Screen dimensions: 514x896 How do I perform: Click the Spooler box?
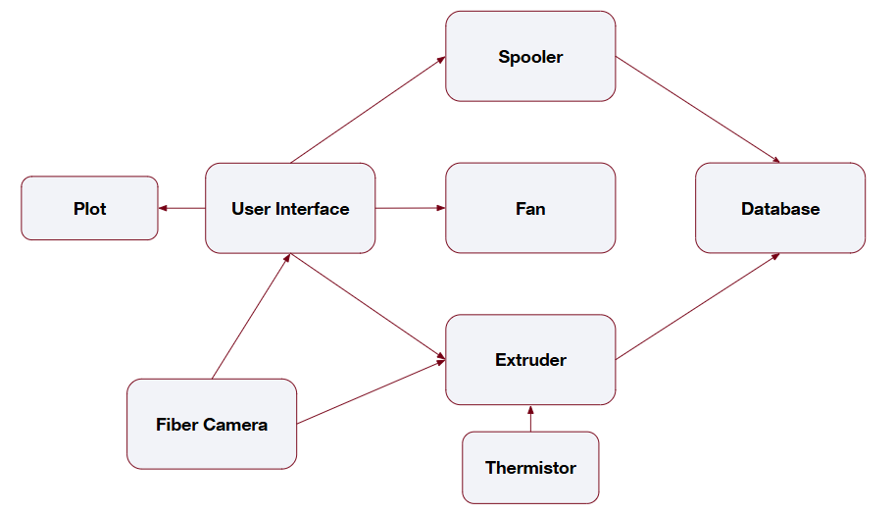[530, 56]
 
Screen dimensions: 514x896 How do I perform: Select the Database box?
[780, 208]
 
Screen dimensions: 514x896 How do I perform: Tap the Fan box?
[530, 208]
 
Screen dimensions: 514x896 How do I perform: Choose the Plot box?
[89, 208]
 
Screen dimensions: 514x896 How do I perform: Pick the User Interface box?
[290, 208]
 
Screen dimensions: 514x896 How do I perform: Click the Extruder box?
[530, 360]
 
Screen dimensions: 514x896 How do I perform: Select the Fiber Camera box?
[212, 424]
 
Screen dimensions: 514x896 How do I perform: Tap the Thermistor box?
[530, 468]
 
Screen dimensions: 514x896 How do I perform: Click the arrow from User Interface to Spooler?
[369, 109]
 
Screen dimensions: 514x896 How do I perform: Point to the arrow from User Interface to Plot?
[181, 208]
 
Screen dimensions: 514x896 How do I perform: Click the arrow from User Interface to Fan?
[410, 208]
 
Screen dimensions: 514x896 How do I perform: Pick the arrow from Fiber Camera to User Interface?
[251, 316]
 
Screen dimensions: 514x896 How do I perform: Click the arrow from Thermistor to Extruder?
[530, 419]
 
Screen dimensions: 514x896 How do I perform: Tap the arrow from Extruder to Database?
[698, 306]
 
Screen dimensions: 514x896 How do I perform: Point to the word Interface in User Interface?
[313, 209]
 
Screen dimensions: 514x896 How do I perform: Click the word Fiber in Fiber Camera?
[176, 425]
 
